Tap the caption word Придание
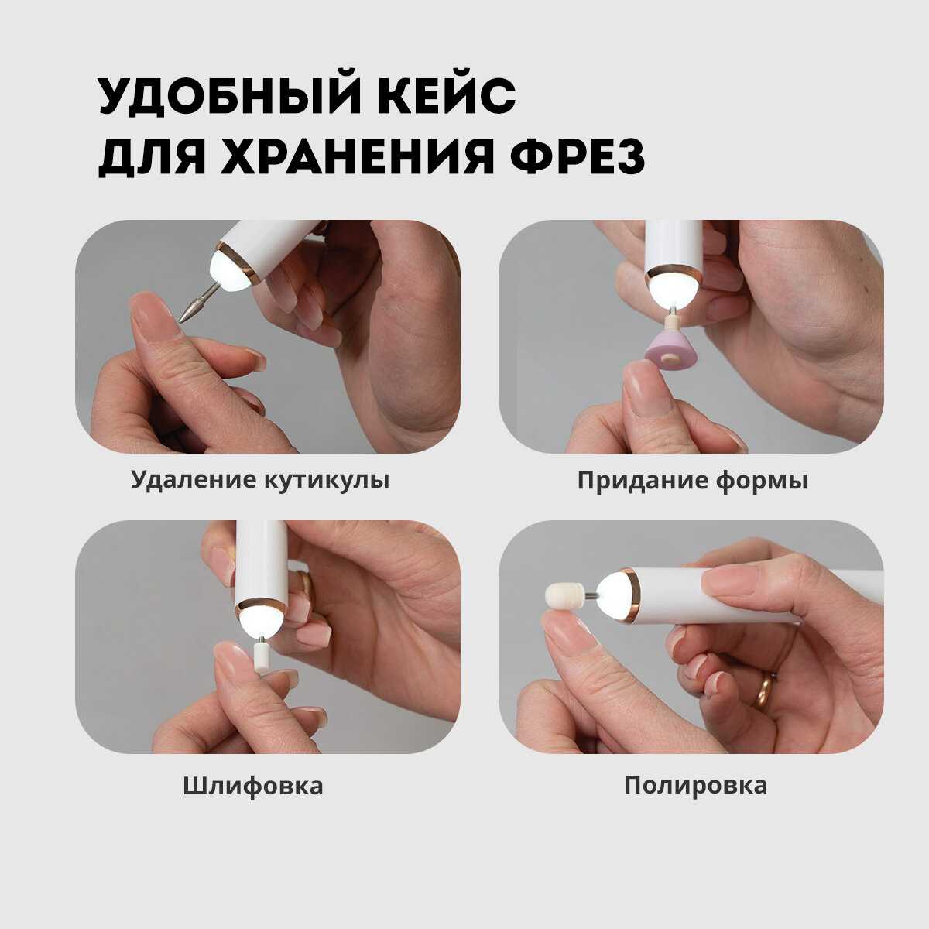pos(643,481)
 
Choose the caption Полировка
pos(696,785)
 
